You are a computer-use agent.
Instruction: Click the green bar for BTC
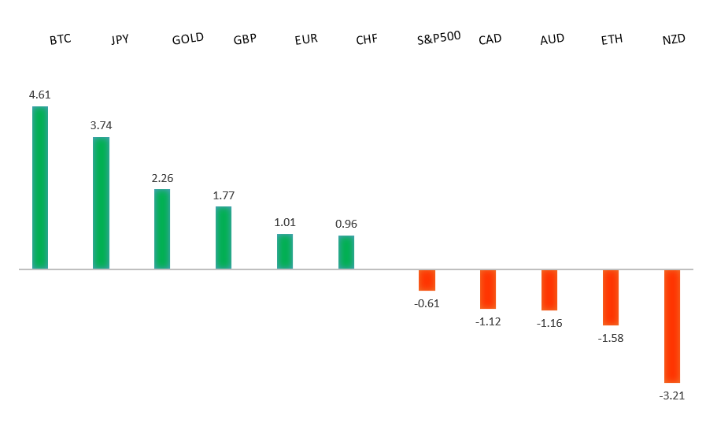click(x=39, y=188)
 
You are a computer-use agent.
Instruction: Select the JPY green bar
click(x=101, y=203)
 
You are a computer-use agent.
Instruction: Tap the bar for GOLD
click(x=162, y=229)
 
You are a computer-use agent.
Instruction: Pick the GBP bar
click(x=224, y=238)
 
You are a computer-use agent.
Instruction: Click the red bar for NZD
click(x=671, y=326)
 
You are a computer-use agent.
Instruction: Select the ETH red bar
click(x=611, y=297)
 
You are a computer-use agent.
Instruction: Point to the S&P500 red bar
click(x=427, y=280)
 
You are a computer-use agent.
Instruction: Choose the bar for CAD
click(x=488, y=289)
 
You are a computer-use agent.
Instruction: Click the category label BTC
click(x=60, y=39)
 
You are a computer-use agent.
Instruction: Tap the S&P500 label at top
click(x=438, y=37)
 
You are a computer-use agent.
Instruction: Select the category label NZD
click(x=674, y=39)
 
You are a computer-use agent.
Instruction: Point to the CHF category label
click(x=367, y=39)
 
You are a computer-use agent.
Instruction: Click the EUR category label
click(x=306, y=39)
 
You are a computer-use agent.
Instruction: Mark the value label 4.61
click(x=39, y=95)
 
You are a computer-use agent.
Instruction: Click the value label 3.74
click(x=101, y=126)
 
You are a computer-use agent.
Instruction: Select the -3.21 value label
click(x=672, y=395)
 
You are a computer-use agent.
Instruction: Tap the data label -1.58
click(x=611, y=338)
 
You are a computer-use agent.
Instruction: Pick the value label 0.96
click(x=346, y=225)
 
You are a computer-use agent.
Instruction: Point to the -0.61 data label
click(x=427, y=303)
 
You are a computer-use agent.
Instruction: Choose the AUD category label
click(x=552, y=39)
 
